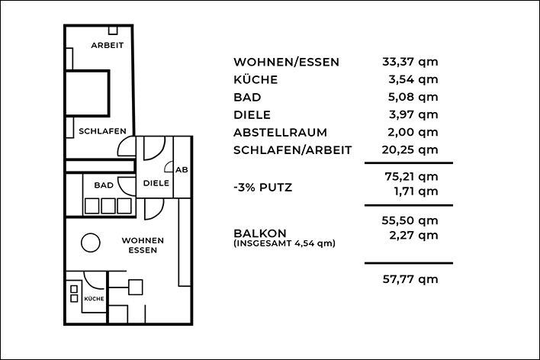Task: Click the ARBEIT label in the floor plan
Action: (107, 45)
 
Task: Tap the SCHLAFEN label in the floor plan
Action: (102, 131)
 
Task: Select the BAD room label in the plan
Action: (104, 185)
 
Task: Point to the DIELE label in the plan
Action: (156, 183)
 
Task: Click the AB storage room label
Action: (182, 170)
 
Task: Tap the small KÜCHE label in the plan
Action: (94, 299)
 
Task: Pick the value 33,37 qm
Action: (410, 62)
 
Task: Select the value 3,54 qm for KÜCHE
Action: (413, 79)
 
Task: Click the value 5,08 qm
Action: (413, 97)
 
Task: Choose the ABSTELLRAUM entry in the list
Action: (280, 133)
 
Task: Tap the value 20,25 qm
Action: (410, 150)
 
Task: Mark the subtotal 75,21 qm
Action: (411, 177)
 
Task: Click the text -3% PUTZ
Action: (263, 188)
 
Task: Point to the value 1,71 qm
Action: (416, 191)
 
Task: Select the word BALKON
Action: (260, 233)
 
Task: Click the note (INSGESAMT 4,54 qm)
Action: (284, 243)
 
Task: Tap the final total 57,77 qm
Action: (410, 279)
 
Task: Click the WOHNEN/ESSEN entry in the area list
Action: (286, 63)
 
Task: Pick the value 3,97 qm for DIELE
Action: (413, 114)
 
